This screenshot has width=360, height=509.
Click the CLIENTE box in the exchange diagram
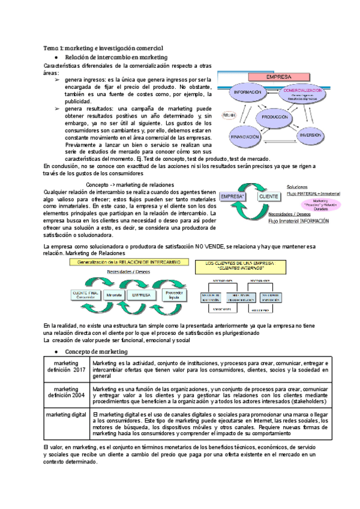pos(269,196)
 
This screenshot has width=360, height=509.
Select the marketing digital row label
pos(66,415)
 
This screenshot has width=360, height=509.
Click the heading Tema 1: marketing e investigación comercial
pos(103,47)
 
